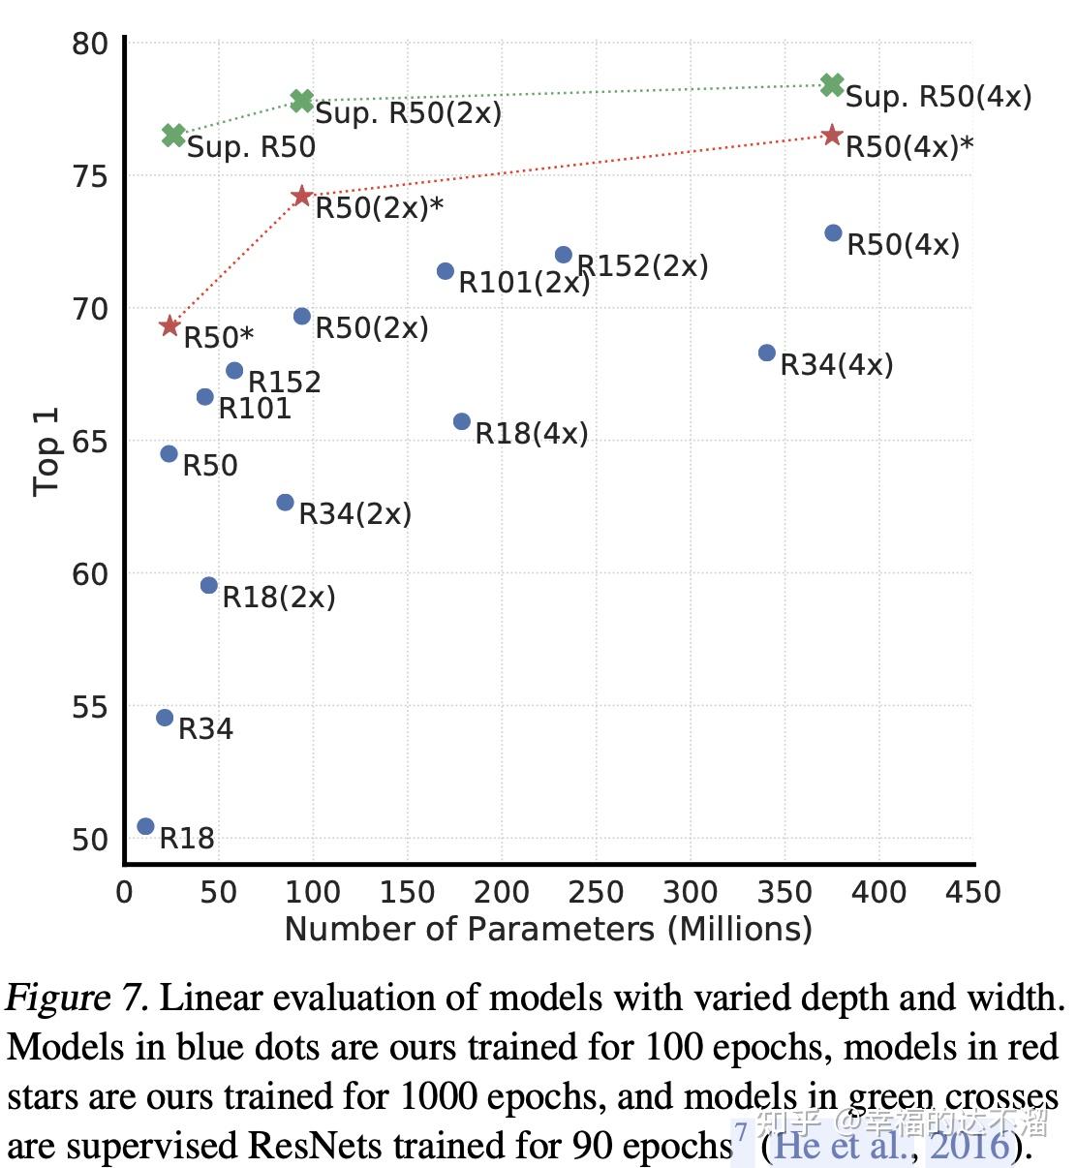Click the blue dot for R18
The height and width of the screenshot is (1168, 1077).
(x=145, y=826)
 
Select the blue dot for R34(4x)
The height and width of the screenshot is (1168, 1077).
(x=767, y=353)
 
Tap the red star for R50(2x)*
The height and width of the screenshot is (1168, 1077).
(x=301, y=197)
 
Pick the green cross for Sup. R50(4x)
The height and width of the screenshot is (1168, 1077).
(x=832, y=85)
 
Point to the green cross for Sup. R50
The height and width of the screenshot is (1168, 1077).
(x=173, y=135)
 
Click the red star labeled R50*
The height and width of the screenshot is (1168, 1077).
(x=169, y=325)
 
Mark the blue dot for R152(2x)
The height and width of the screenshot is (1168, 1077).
(x=564, y=255)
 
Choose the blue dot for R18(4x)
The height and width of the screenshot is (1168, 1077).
(x=462, y=421)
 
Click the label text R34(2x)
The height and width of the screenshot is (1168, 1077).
(x=354, y=513)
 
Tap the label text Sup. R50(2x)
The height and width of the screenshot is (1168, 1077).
(x=409, y=113)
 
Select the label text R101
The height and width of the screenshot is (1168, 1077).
(x=255, y=409)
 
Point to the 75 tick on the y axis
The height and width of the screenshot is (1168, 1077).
(x=90, y=176)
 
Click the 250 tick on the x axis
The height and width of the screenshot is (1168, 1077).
(x=596, y=891)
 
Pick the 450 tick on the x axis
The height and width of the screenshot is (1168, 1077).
(x=972, y=891)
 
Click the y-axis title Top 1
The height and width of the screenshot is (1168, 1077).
(x=46, y=451)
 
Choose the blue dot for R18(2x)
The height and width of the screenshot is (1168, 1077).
(x=209, y=585)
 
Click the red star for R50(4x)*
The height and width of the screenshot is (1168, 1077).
(x=832, y=136)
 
